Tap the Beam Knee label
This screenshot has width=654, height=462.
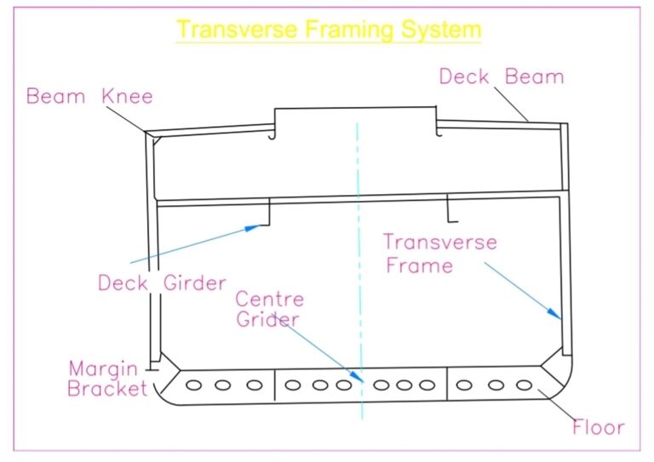click(x=89, y=95)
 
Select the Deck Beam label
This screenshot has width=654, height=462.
click(x=502, y=77)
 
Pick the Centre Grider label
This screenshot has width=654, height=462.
click(x=268, y=310)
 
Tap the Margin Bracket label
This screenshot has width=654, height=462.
click(x=108, y=379)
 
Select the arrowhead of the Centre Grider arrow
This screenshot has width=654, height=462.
click(x=361, y=380)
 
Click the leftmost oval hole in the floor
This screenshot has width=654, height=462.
click(x=194, y=385)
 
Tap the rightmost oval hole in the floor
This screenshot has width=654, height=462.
click(x=525, y=385)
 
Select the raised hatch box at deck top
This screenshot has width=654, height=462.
click(x=355, y=118)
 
